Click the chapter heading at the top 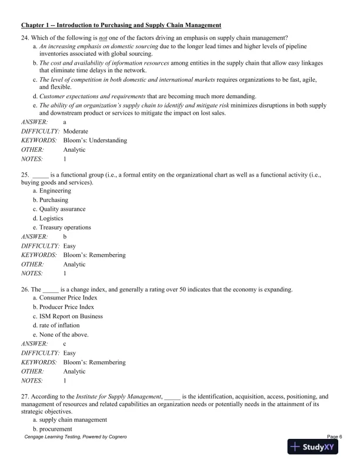[x=121, y=25]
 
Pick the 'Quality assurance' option [x=62, y=209]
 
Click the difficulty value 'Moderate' [x=75, y=131]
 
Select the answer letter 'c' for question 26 [x=65, y=344]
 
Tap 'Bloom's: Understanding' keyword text [x=95, y=141]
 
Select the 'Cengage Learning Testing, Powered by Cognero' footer [x=75, y=437]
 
